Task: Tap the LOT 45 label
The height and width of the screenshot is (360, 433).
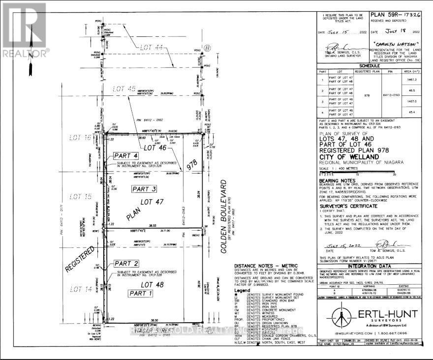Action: (123, 89)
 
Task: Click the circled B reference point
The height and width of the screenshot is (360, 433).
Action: (207, 48)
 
